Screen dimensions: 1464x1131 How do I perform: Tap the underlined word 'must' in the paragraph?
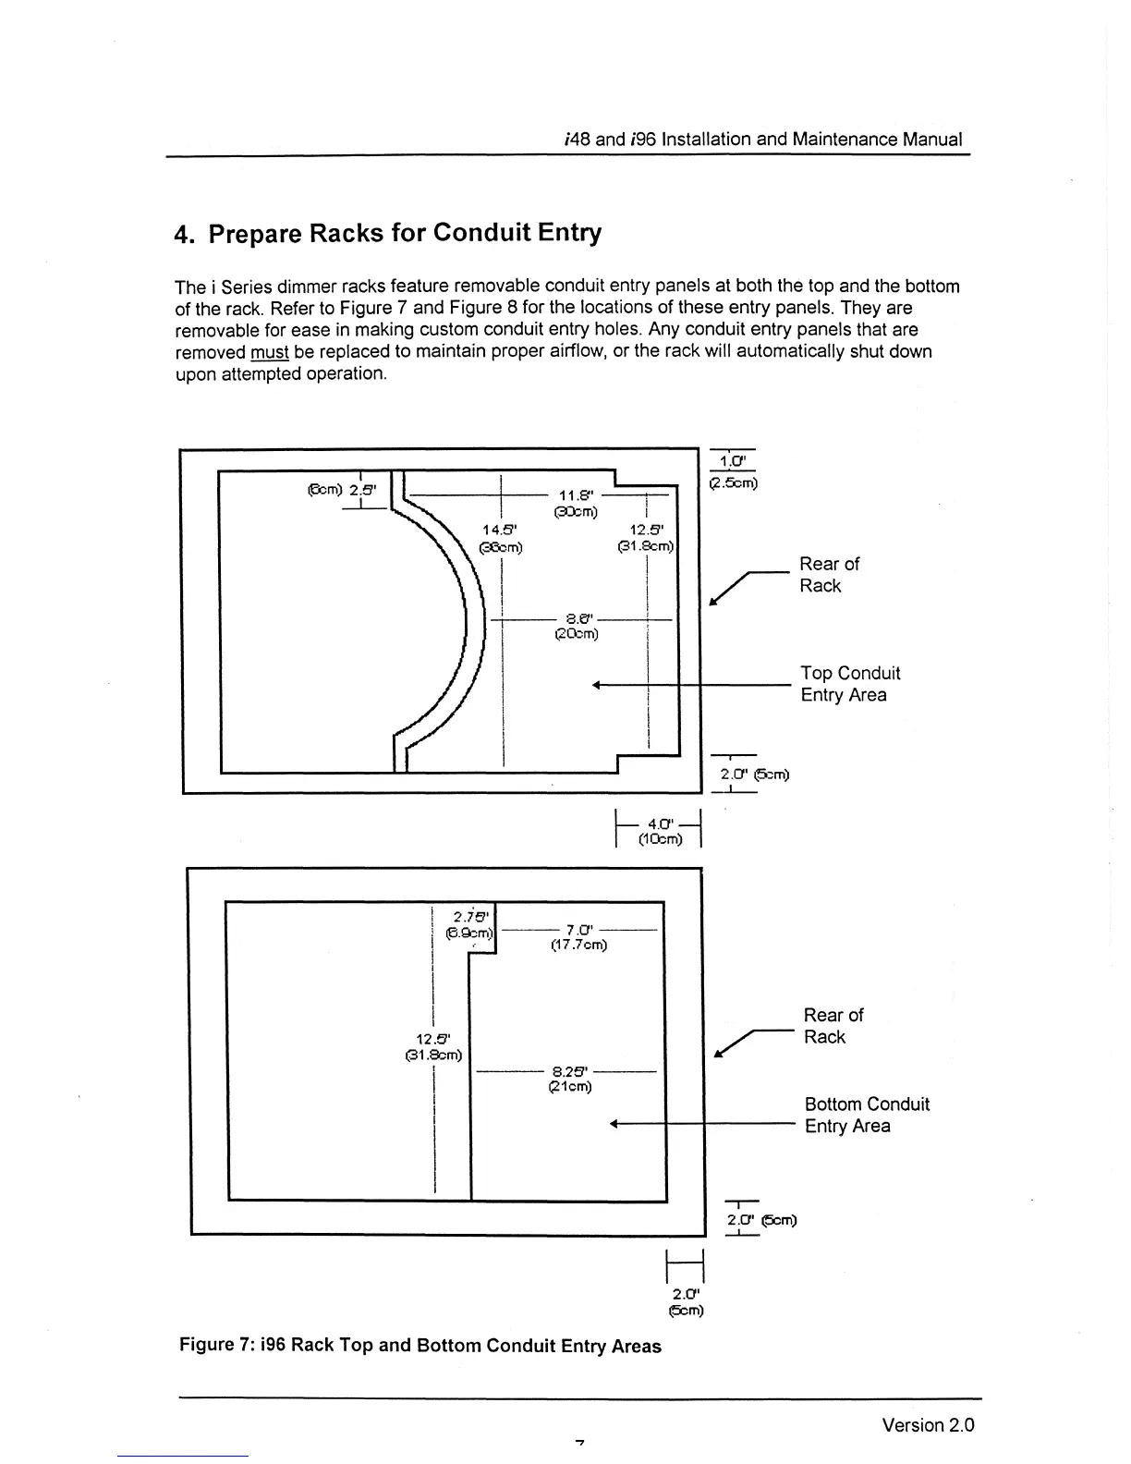coord(269,352)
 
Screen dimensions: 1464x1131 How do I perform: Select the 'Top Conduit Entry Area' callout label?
coord(849,684)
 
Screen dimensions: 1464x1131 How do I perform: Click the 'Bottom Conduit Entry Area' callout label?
coord(866,1115)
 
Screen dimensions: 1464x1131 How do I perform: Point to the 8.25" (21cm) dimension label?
coord(569,1079)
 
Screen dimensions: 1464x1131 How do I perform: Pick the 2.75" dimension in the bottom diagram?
coord(471,924)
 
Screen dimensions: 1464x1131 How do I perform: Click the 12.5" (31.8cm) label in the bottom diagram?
coord(433,1046)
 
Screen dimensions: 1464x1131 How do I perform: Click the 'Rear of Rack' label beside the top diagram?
coord(829,574)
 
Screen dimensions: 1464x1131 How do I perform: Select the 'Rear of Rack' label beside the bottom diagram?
coord(833,1025)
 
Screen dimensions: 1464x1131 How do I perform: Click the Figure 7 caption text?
coord(420,1345)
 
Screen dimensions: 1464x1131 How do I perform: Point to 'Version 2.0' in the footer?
coord(928,1424)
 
